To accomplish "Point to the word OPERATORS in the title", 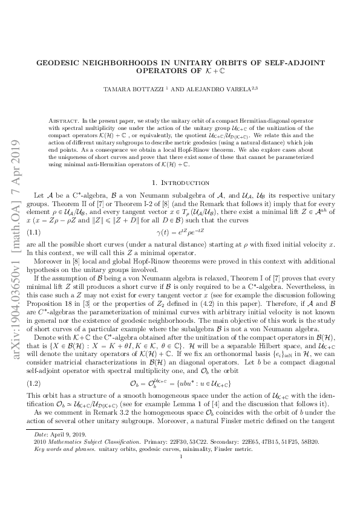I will pos(160,71).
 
